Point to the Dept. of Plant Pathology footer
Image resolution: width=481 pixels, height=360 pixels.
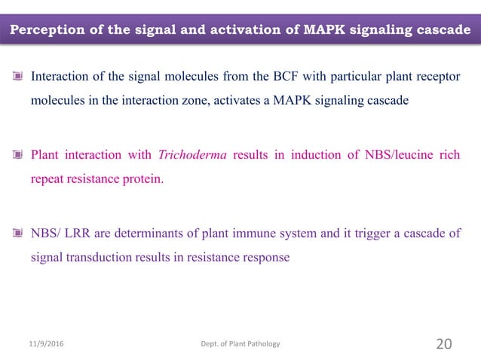click(x=237, y=344)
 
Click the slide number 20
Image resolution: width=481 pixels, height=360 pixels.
click(x=444, y=344)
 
